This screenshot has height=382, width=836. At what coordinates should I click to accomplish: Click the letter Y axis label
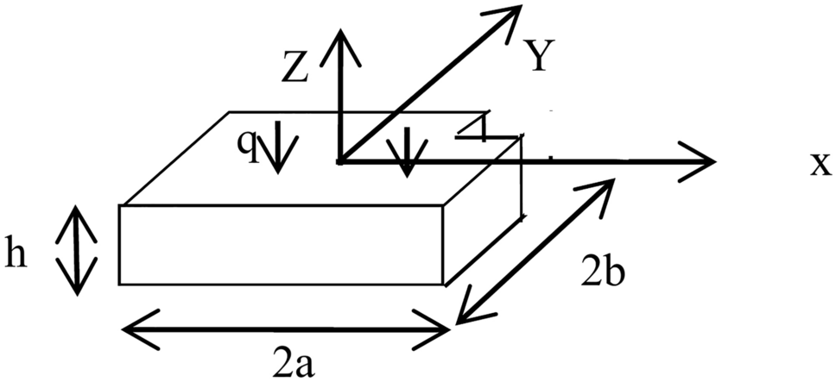(538, 59)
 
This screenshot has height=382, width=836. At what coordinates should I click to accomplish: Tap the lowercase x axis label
(819, 164)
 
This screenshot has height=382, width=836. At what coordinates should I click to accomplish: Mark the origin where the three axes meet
(340, 160)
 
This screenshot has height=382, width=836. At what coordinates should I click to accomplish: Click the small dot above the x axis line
(549, 157)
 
